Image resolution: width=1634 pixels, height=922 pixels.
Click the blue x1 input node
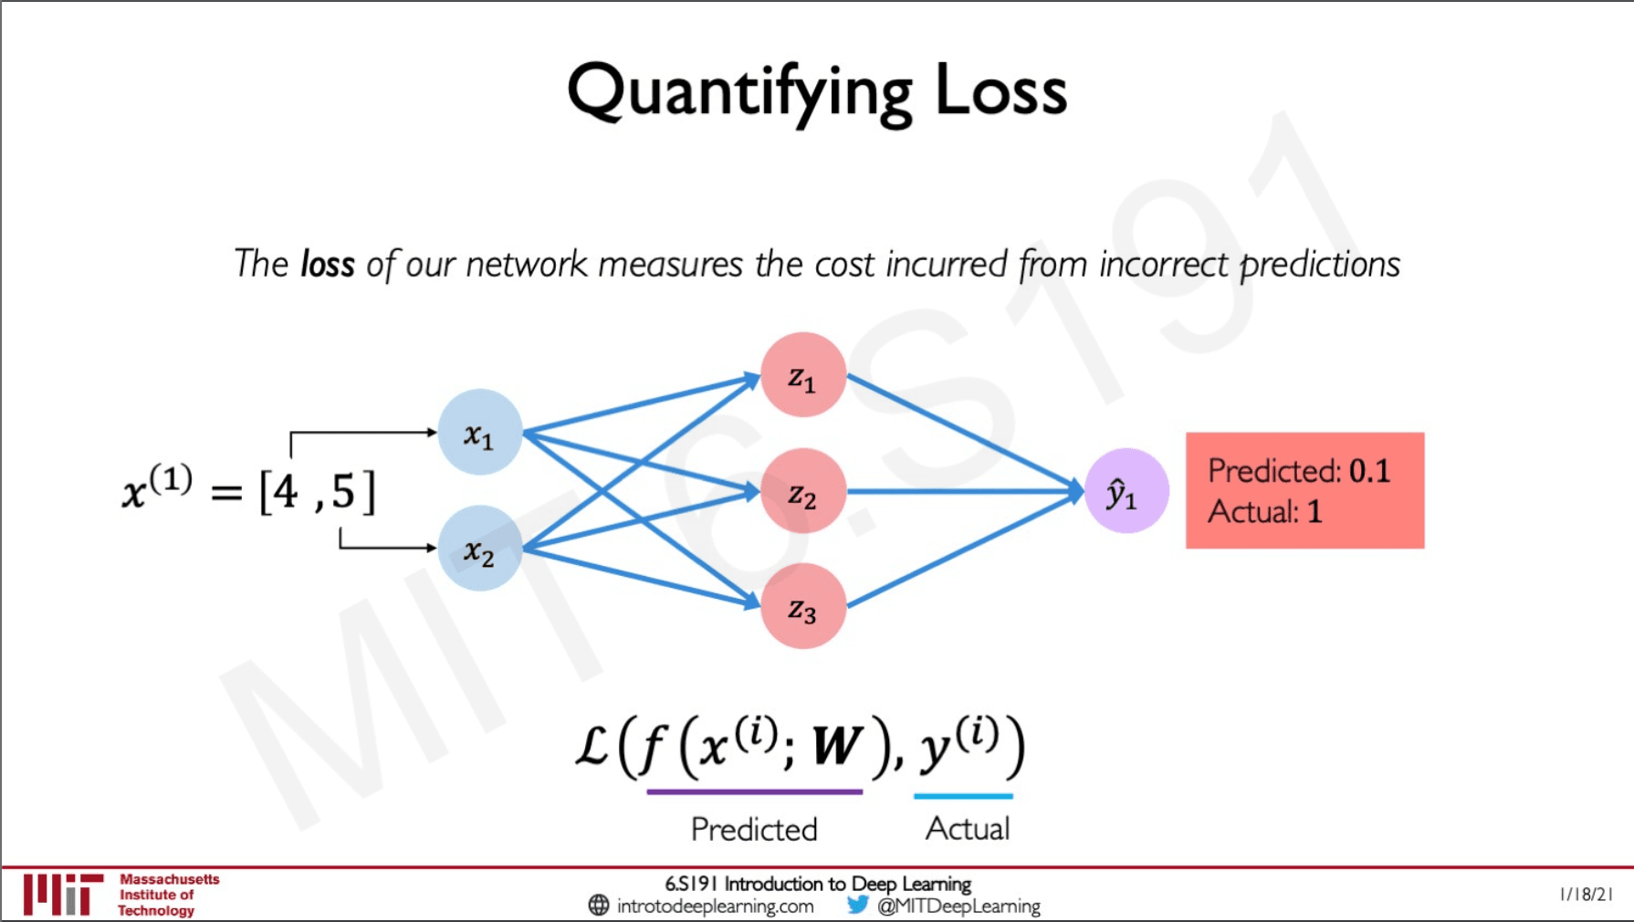pyautogui.click(x=479, y=432)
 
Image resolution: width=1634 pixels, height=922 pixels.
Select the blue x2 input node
pyautogui.click(x=479, y=548)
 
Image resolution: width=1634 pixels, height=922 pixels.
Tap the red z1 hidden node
pyautogui.click(x=802, y=374)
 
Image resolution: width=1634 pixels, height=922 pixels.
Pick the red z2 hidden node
pyautogui.click(x=802, y=491)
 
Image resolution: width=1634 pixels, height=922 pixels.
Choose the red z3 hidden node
pyautogui.click(x=802, y=606)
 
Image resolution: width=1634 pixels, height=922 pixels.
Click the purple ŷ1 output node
pyautogui.click(x=1126, y=491)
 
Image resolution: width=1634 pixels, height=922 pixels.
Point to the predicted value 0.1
pyautogui.click(x=1369, y=471)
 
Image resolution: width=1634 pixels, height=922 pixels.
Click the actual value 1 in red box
pyautogui.click(x=1315, y=511)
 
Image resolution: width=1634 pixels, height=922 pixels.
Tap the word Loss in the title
pyautogui.click(x=1000, y=91)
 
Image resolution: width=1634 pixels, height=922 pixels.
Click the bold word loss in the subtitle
pyautogui.click(x=327, y=265)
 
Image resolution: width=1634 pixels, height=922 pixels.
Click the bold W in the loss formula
pyautogui.click(x=836, y=747)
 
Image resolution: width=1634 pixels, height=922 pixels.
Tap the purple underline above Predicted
pyautogui.click(x=754, y=791)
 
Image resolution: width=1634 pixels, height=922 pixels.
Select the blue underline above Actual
pyautogui.click(x=963, y=796)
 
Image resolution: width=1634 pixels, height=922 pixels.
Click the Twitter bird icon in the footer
pyautogui.click(x=857, y=905)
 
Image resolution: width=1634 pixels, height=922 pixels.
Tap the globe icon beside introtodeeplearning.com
pyautogui.click(x=599, y=905)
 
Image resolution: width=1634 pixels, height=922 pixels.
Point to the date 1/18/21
pyautogui.click(x=1587, y=895)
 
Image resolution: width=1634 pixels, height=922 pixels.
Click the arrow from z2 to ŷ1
pyautogui.click(x=958, y=491)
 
